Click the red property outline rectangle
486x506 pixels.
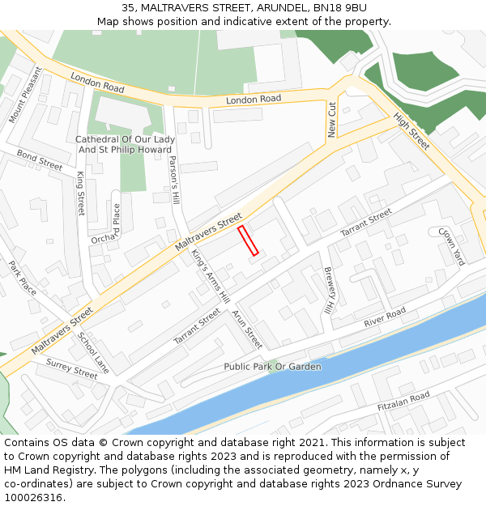248,241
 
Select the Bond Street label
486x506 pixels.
39,159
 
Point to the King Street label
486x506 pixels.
80,193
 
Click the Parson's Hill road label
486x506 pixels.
173,179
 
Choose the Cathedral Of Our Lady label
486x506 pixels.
125,139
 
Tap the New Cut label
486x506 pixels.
332,119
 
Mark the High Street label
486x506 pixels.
411,130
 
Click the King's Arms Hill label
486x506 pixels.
211,275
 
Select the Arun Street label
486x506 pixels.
247,329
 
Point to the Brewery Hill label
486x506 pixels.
329,291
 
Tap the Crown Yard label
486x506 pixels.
451,246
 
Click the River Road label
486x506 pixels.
384,317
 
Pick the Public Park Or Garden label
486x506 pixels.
272,367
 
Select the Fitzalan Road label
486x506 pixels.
403,402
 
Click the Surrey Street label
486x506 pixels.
71,369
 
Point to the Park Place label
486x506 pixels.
23,278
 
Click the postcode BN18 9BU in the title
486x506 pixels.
336,7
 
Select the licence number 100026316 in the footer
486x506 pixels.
32,498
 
